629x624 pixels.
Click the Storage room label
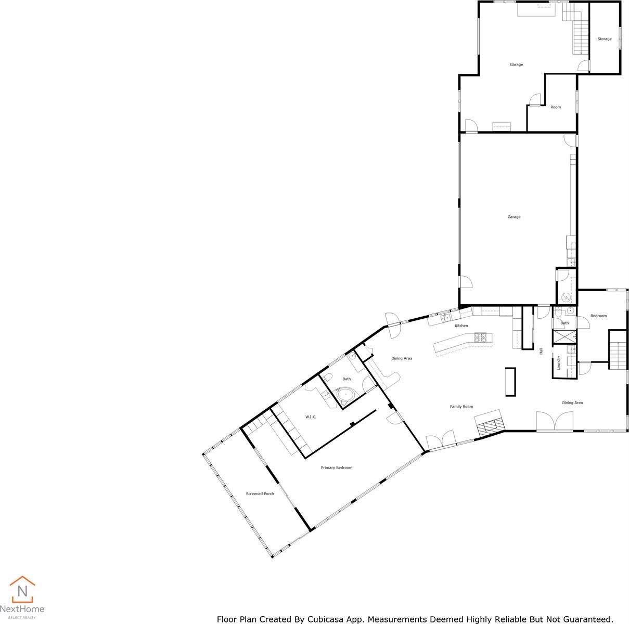click(604, 39)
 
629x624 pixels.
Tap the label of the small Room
click(556, 107)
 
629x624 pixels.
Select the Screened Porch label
click(260, 493)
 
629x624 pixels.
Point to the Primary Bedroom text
click(337, 467)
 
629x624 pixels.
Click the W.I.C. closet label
click(311, 417)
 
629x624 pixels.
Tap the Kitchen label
click(461, 326)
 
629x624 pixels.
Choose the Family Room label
click(461, 407)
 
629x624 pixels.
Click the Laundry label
click(558, 362)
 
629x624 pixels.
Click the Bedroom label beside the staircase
click(598, 316)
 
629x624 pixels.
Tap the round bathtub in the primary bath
click(345, 396)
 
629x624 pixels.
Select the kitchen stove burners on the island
click(481, 338)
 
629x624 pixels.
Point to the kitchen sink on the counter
click(445, 317)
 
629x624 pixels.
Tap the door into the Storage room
click(585, 67)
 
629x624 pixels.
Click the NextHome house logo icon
click(22, 590)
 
